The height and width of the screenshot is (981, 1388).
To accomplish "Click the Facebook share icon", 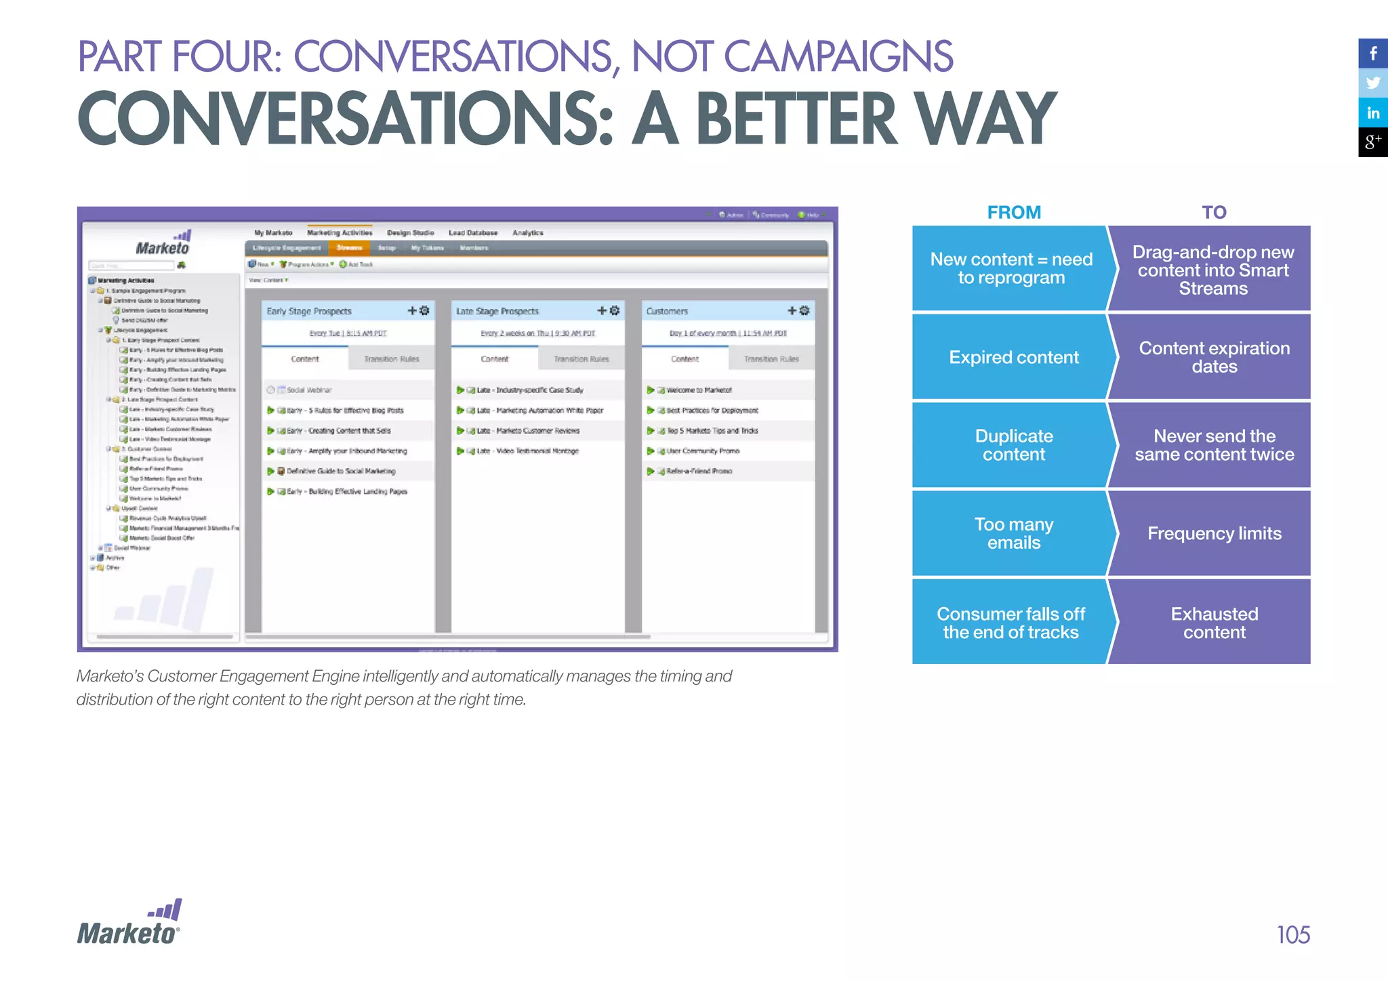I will pos(1373,54).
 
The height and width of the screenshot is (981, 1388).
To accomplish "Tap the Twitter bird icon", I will pos(1373,83).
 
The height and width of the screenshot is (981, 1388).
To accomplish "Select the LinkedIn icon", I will pos(1373,113).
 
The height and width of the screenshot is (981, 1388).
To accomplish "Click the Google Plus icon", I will pos(1373,142).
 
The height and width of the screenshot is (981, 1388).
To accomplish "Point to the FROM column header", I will pos(1014,213).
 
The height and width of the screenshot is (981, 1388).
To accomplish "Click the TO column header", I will pos(1214,213).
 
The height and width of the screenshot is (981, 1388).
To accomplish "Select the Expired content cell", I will pos(1013,357).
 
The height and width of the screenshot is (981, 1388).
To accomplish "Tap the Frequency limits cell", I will pos(1214,533).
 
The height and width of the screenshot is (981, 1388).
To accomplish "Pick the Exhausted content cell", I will pos(1214,623).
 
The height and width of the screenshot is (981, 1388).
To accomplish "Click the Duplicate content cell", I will pos(1013,445).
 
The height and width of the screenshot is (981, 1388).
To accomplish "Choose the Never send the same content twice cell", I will pos(1214,445).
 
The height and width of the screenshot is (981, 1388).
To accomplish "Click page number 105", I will pos(1292,935).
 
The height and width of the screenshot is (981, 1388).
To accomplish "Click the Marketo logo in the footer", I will pos(129,924).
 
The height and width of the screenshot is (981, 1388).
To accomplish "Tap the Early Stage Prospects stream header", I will pos(310,311).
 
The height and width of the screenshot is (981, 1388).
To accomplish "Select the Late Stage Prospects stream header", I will pos(497,311).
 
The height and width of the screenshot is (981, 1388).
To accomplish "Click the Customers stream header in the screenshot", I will pos(667,311).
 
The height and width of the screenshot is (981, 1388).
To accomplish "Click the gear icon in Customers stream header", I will pos(804,310).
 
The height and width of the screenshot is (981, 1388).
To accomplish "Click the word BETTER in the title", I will pos(797,119).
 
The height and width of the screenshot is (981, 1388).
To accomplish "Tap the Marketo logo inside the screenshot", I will pos(163,244).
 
